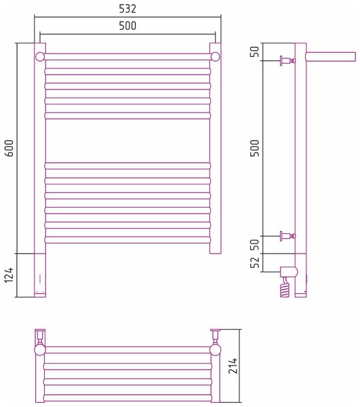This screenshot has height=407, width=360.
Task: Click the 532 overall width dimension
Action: pyautogui.click(x=127, y=9)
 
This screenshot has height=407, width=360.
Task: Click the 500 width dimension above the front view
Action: pyautogui.click(x=127, y=26)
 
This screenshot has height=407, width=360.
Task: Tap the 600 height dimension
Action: pyautogui.click(x=9, y=148)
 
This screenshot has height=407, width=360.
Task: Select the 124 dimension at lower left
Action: pyautogui.click(x=9, y=275)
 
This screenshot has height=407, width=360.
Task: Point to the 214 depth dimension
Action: pyautogui.click(x=233, y=366)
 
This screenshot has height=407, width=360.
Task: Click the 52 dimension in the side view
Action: pyautogui.click(x=255, y=263)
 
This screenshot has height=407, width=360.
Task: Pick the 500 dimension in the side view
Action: pyautogui.click(x=255, y=148)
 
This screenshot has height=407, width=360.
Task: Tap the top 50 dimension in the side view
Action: pyautogui.click(x=255, y=52)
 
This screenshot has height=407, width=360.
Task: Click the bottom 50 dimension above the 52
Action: pyautogui.click(x=255, y=244)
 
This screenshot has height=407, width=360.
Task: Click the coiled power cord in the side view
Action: pyautogui.click(x=285, y=288)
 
